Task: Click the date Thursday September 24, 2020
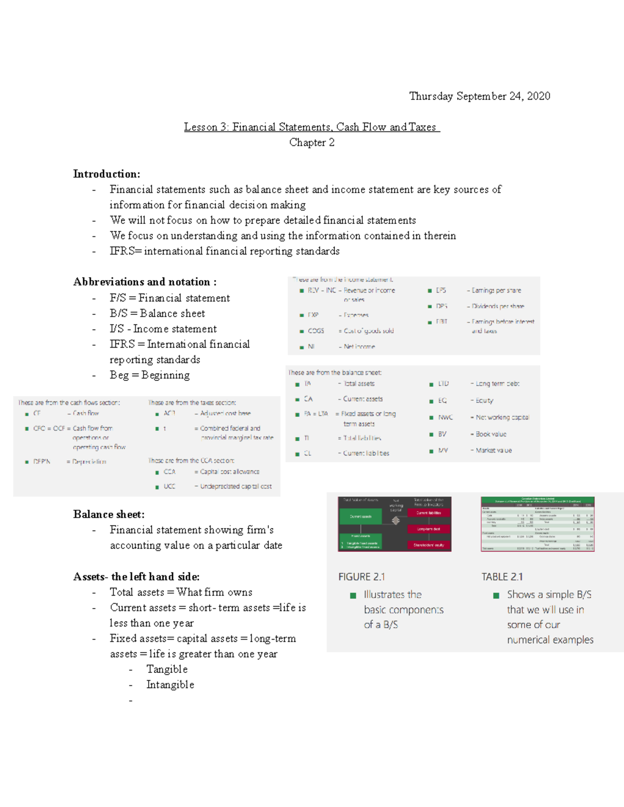click(479, 96)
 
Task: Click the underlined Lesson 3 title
click(311, 127)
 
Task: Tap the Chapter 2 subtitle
click(311, 142)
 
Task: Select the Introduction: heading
click(107, 174)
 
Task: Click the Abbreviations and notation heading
click(145, 282)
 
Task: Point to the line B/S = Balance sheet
click(157, 313)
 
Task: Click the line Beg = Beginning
click(149, 375)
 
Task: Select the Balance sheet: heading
click(109, 514)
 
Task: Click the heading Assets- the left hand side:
click(136, 577)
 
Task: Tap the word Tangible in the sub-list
click(166, 669)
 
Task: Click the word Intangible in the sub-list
click(170, 685)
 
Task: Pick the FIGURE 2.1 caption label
click(361, 577)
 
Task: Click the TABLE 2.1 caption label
click(502, 577)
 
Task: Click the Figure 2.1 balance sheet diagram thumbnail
click(394, 524)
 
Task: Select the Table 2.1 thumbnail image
click(537, 524)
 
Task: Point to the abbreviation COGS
click(316, 331)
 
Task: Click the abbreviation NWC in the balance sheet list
click(445, 418)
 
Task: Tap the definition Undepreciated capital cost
click(236, 487)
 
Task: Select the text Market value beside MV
click(493, 451)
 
